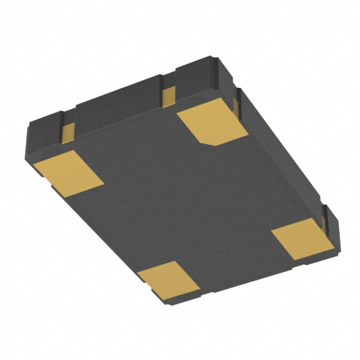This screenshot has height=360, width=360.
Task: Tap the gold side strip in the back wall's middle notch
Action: [168, 97]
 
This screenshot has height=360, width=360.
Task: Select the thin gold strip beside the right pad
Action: [325, 219]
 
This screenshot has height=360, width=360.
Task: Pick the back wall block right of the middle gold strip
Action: [194, 79]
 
